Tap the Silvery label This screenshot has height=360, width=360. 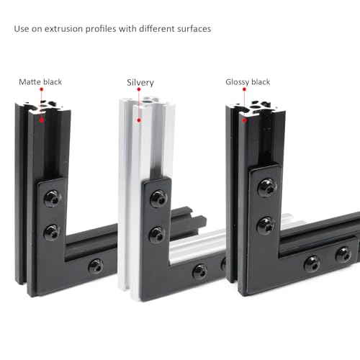click(x=140, y=82)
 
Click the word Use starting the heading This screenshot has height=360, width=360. click(x=22, y=30)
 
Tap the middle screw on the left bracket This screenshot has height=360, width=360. click(x=53, y=231)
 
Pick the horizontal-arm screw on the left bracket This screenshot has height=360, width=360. click(x=95, y=266)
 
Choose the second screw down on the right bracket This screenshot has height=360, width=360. click(x=266, y=225)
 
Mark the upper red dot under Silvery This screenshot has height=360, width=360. click(x=138, y=90)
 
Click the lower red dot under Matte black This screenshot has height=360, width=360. click(x=42, y=120)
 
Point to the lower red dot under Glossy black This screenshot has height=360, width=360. click(x=243, y=120)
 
